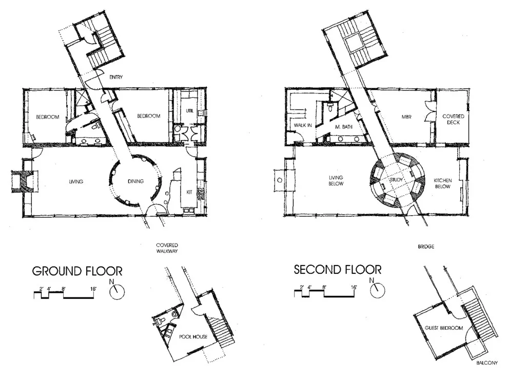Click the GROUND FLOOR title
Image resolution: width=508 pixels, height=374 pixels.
click(77, 271)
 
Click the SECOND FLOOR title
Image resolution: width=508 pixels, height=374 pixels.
click(338, 270)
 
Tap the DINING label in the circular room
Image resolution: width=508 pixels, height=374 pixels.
click(135, 181)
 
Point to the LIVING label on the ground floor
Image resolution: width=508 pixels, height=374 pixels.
click(76, 182)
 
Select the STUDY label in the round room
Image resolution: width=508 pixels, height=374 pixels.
click(396, 179)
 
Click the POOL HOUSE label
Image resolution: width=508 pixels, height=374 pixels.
click(193, 336)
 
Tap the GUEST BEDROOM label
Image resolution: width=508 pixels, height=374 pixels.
click(444, 328)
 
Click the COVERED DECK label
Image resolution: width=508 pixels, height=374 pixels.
click(453, 119)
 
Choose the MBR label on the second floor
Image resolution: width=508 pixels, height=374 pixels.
click(406, 117)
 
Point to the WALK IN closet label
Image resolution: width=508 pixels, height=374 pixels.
click(303, 125)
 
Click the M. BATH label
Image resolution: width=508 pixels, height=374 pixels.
click(344, 127)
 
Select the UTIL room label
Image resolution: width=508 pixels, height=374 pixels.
click(190, 110)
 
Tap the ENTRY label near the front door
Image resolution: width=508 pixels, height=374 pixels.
click(116, 77)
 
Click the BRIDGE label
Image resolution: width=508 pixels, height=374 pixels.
click(426, 247)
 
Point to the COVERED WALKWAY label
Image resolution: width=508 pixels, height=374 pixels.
click(167, 248)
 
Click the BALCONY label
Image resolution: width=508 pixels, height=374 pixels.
click(486, 363)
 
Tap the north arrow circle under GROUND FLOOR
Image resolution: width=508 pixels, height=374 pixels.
click(117, 292)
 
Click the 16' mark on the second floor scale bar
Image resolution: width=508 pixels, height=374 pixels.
click(354, 287)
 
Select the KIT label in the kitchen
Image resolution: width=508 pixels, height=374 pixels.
click(189, 192)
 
